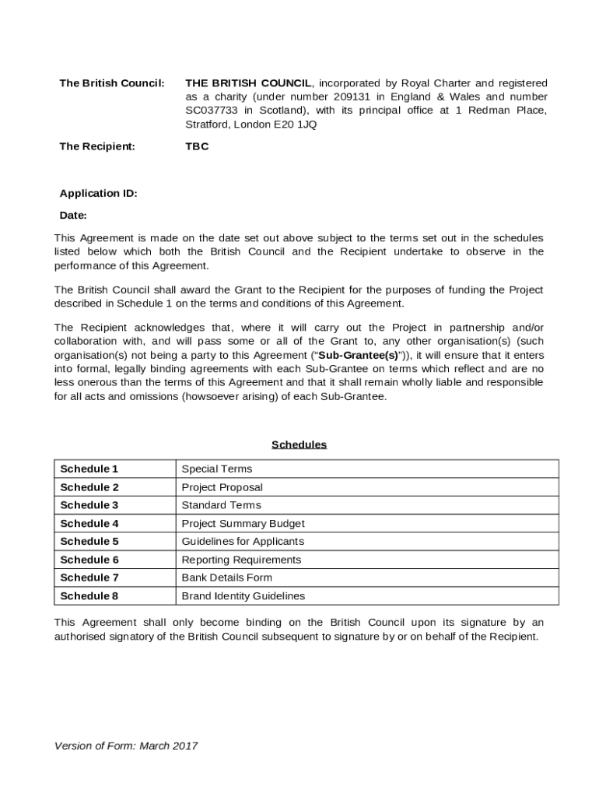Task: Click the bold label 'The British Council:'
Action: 112,83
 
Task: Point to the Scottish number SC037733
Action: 212,111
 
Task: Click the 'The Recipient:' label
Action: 97,146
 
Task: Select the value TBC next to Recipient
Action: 197,146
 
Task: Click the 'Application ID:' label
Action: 98,194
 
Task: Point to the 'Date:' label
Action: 73,216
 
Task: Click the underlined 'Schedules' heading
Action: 299,445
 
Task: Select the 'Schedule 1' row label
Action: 89,469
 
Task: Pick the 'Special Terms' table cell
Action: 217,469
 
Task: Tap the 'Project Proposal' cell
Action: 222,488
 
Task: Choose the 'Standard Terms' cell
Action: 221,505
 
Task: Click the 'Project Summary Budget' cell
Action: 243,524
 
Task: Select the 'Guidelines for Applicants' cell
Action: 243,542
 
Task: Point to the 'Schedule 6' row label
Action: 89,560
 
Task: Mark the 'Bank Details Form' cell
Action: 226,578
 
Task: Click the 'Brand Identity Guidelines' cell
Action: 243,596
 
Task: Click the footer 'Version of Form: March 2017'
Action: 126,746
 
